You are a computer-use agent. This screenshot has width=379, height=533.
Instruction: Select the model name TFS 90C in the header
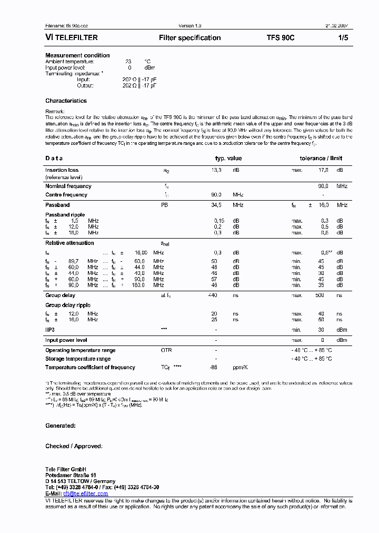[281, 38]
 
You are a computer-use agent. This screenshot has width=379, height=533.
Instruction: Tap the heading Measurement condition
[77, 55]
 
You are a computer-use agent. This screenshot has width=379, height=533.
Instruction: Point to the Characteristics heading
[66, 101]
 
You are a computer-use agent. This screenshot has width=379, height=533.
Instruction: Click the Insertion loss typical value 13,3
[216, 170]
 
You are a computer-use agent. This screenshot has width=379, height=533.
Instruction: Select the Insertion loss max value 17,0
[323, 170]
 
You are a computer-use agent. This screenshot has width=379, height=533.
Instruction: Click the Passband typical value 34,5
[216, 205]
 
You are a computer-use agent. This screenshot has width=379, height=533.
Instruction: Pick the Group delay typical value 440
[213, 296]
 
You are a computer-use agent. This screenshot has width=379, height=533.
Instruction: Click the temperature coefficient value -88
[214, 368]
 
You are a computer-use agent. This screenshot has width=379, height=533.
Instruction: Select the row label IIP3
[50, 329]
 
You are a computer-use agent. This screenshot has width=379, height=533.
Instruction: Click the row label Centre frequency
[66, 195]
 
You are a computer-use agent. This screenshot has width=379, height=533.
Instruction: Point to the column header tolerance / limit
[321, 158]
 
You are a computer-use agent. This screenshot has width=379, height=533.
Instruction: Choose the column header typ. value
[228, 158]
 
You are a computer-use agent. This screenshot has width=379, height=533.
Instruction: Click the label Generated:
[61, 426]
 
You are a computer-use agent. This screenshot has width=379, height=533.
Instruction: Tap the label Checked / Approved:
[74, 446]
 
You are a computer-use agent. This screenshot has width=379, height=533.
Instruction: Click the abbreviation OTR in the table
[166, 350]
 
